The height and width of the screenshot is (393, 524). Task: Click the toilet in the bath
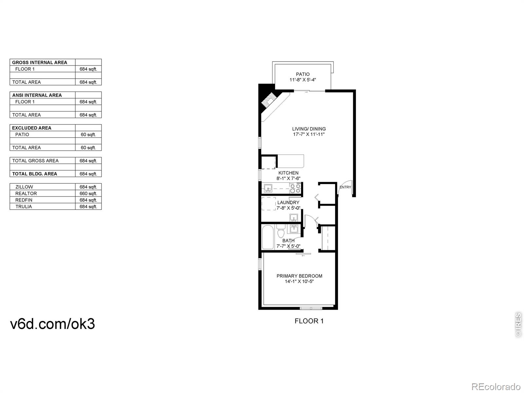[x=281, y=233]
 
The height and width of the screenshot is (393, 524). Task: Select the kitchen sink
[x=268, y=189]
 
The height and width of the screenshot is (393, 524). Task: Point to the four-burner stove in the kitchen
[x=295, y=188]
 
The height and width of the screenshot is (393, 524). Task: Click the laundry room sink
[x=293, y=218]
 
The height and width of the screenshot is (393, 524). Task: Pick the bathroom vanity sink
[x=294, y=228]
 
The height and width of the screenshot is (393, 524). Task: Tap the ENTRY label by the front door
[x=345, y=187]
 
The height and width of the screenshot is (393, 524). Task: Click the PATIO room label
[x=303, y=74]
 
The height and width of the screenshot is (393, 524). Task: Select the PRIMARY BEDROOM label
[x=299, y=276]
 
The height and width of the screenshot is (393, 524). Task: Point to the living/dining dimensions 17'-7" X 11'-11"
[x=309, y=134]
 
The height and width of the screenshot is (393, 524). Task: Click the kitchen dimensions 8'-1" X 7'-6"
[x=288, y=178]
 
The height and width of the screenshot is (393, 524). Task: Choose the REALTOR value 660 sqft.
[x=88, y=194]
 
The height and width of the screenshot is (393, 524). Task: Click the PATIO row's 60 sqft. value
[x=88, y=135]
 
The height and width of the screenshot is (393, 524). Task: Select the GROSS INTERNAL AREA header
[x=40, y=63]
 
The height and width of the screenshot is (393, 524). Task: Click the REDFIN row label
[x=24, y=200]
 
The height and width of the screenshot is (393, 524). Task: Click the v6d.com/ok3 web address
[x=53, y=324]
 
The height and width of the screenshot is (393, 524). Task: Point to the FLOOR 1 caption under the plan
[x=309, y=321]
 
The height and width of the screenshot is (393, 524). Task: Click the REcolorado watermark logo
[x=496, y=386]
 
